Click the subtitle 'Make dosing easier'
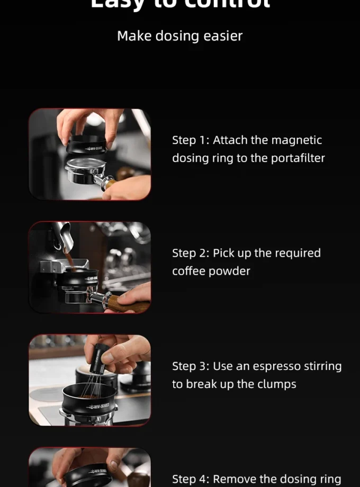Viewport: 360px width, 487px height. click(179, 36)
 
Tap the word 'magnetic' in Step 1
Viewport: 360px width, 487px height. click(296, 140)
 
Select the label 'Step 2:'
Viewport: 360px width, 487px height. click(191, 253)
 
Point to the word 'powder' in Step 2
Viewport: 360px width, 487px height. click(231, 271)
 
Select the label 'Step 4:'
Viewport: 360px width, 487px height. click(191, 479)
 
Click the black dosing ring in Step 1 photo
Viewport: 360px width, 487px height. click(87, 145)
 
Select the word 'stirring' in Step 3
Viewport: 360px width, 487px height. click(321, 366)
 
